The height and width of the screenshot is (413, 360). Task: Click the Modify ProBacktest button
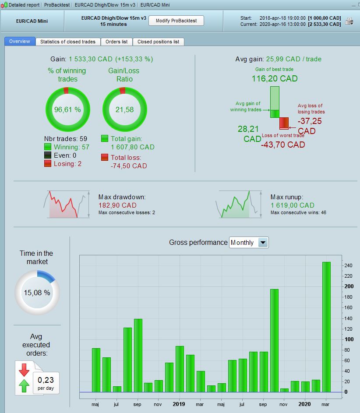point(176,21)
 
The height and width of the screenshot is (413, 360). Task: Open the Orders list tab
point(116,42)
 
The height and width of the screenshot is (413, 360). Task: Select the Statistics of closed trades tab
point(67,42)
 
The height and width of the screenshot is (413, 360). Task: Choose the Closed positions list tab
point(158,42)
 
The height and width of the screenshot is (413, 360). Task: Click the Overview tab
point(20,41)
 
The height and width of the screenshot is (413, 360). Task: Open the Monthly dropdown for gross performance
point(262,243)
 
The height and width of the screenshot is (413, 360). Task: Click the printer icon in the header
point(349,21)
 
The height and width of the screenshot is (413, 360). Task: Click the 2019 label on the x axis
point(179,404)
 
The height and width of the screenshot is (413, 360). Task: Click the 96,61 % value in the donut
point(67,109)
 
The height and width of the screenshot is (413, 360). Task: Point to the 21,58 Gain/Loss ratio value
point(124,109)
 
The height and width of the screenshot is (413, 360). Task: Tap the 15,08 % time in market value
point(37,293)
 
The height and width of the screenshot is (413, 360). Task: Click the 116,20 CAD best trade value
point(275,79)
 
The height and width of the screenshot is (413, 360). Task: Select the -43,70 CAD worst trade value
point(283,145)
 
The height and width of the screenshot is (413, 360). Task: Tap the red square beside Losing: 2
point(48,163)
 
